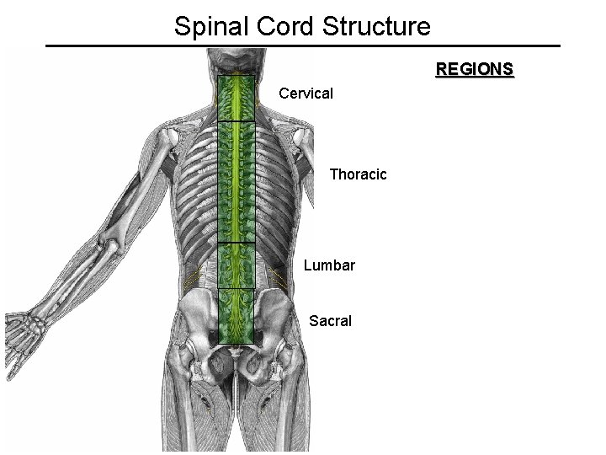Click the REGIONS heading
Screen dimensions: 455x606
pyautogui.click(x=474, y=69)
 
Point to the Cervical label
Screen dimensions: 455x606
pyautogui.click(x=306, y=93)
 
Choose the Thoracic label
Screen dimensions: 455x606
pyautogui.click(x=358, y=174)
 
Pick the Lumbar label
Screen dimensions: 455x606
pyautogui.click(x=329, y=265)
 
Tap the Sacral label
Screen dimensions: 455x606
pyautogui.click(x=330, y=320)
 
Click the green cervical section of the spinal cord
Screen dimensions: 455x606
pyautogui.click(x=237, y=99)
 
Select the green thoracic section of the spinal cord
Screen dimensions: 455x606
pyautogui.click(x=237, y=181)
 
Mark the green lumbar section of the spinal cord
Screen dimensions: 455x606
pyautogui.click(x=237, y=265)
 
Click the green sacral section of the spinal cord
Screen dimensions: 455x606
pyautogui.click(x=237, y=316)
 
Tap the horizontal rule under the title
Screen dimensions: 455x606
pyautogui.click(x=302, y=45)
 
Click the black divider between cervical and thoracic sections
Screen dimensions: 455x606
pyautogui.click(x=237, y=121)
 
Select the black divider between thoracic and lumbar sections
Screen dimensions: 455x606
pyautogui.click(x=237, y=244)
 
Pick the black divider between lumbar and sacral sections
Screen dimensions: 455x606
pyautogui.click(x=237, y=288)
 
